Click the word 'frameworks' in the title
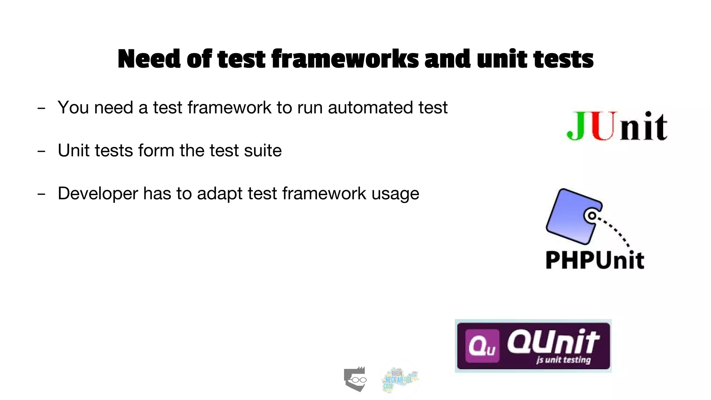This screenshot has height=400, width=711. pyautogui.click(x=345, y=59)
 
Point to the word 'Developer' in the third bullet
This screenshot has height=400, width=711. pyautogui.click(x=98, y=194)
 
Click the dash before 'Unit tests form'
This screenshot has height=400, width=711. pyautogui.click(x=41, y=151)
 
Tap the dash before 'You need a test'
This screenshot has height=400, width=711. pyautogui.click(x=41, y=108)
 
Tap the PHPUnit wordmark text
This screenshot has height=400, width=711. pyautogui.click(x=595, y=260)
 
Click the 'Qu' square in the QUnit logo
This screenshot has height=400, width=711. pyautogui.click(x=482, y=346)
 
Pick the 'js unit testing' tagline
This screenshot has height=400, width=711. pyautogui.click(x=563, y=360)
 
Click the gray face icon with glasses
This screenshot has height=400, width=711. pyautogui.click(x=355, y=379)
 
